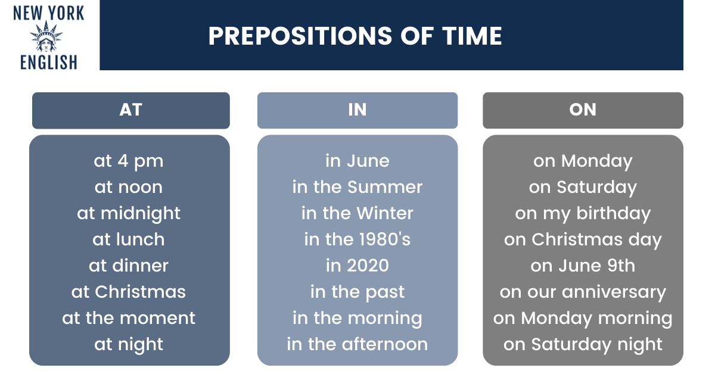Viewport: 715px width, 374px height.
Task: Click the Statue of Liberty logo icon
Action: click(x=46, y=36)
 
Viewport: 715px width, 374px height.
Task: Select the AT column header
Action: click(x=131, y=110)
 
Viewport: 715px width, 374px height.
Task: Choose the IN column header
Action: click(x=357, y=110)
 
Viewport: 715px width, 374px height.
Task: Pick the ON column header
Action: click(x=583, y=110)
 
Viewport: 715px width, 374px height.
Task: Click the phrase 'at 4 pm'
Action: click(x=129, y=161)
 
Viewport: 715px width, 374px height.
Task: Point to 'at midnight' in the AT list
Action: click(x=129, y=213)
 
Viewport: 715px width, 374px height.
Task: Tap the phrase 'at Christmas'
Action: click(x=129, y=292)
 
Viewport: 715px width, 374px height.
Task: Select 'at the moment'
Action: click(x=129, y=318)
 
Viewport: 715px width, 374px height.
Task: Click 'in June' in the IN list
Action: click(x=357, y=161)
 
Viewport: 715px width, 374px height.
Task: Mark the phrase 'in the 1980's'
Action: click(x=357, y=239)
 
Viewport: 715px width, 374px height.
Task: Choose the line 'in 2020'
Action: click(x=357, y=266)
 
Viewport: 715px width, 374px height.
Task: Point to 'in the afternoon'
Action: click(x=357, y=344)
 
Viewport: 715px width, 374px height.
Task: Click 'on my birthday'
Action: click(x=583, y=213)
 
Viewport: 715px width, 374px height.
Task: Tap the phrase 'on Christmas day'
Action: click(x=583, y=240)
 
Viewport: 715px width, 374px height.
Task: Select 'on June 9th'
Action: click(x=583, y=266)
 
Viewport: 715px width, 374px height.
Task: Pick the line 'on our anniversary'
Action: click(x=583, y=292)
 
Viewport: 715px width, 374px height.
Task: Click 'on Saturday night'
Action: click(x=583, y=345)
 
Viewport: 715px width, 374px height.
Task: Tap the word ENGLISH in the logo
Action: click(x=49, y=62)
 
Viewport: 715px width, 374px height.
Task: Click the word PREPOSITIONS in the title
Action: click(x=300, y=36)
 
